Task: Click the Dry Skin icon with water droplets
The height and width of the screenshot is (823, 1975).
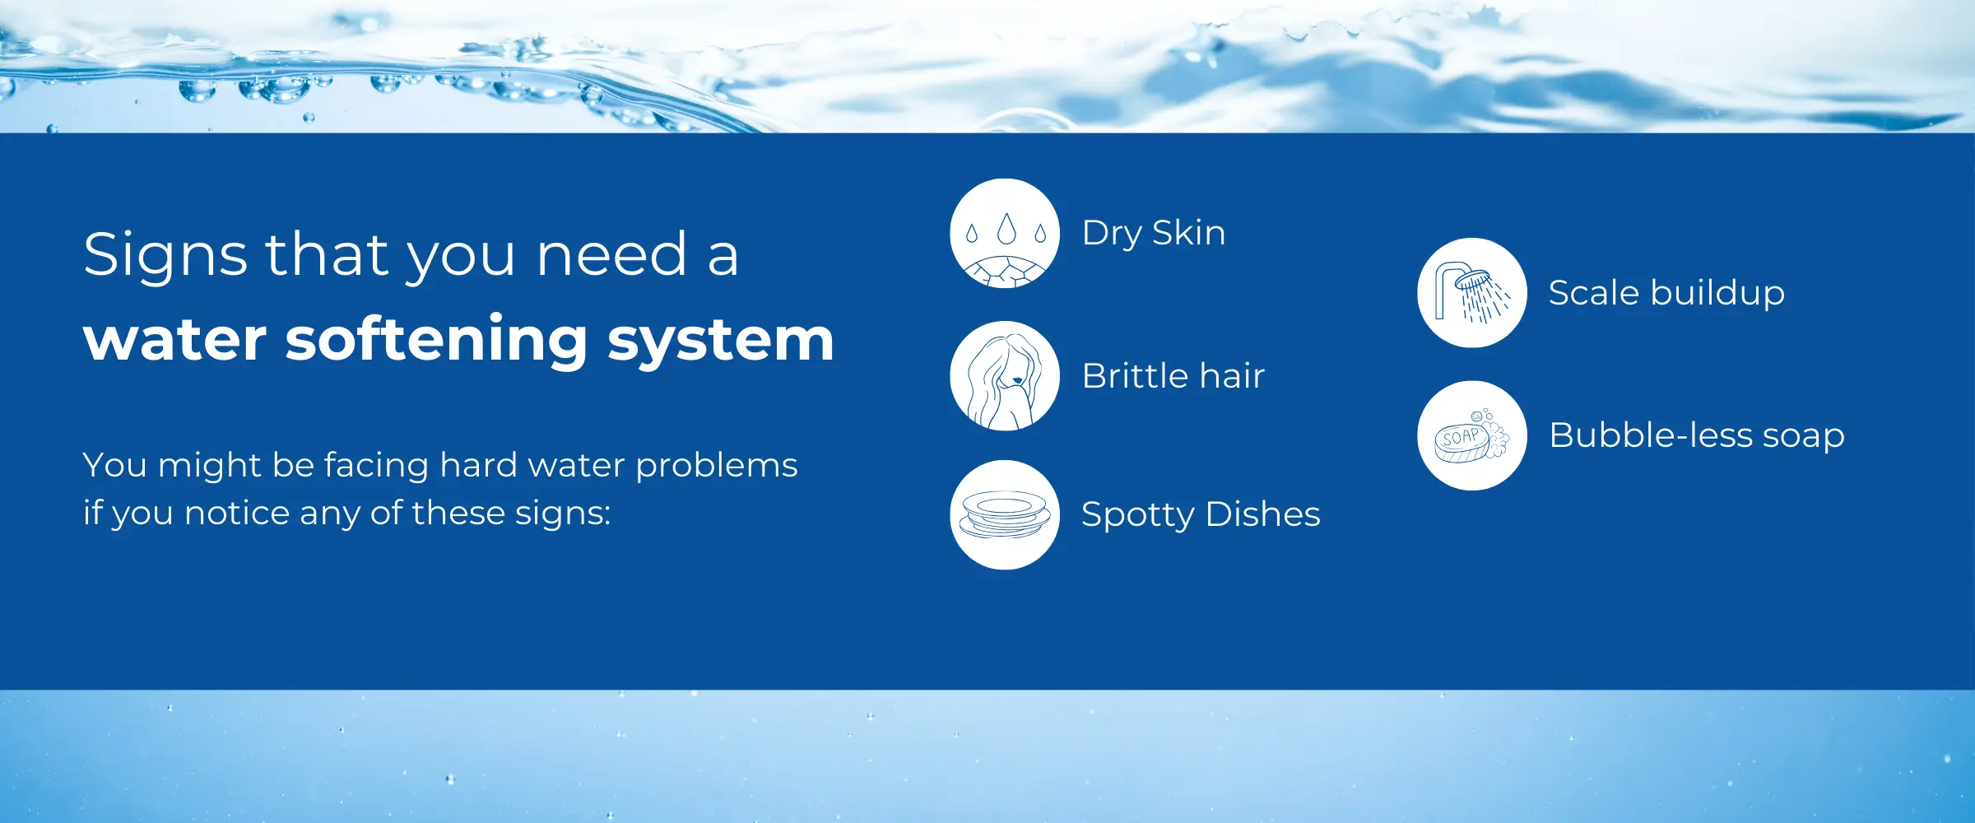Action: (x=1005, y=233)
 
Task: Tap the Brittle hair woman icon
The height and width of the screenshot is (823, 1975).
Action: (x=1005, y=376)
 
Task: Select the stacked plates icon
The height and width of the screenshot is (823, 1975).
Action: (x=1005, y=514)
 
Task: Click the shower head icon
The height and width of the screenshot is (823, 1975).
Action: (x=1472, y=293)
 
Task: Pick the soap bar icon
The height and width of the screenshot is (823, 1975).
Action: (x=1472, y=435)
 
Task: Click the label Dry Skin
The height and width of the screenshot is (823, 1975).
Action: (x=1154, y=234)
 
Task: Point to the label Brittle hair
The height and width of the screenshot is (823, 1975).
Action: (x=1173, y=376)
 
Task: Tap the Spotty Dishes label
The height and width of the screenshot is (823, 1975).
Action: (x=1201, y=514)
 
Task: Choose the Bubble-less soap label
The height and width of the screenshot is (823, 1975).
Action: (x=1697, y=435)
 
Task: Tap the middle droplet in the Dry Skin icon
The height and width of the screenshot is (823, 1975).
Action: (x=1006, y=230)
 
